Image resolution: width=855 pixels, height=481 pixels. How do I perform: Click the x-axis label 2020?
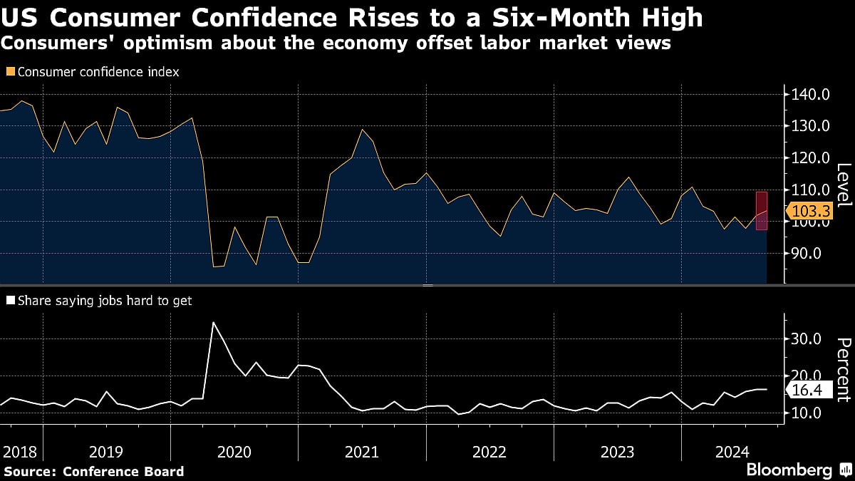point(234,452)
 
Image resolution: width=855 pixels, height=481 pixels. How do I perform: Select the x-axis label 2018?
point(20,452)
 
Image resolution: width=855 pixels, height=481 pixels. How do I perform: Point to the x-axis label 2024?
point(731,452)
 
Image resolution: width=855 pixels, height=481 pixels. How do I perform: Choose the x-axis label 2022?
point(489,452)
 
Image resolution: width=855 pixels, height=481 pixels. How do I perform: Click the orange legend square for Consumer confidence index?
point(10,72)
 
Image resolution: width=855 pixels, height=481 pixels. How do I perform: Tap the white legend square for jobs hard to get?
point(10,301)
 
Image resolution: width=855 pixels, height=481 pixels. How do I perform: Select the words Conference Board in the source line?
point(123,471)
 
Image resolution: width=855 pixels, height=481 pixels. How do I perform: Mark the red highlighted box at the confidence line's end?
point(761,211)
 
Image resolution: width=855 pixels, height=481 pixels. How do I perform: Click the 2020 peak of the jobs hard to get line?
point(213,322)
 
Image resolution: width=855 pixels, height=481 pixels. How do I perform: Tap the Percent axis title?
point(843,370)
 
